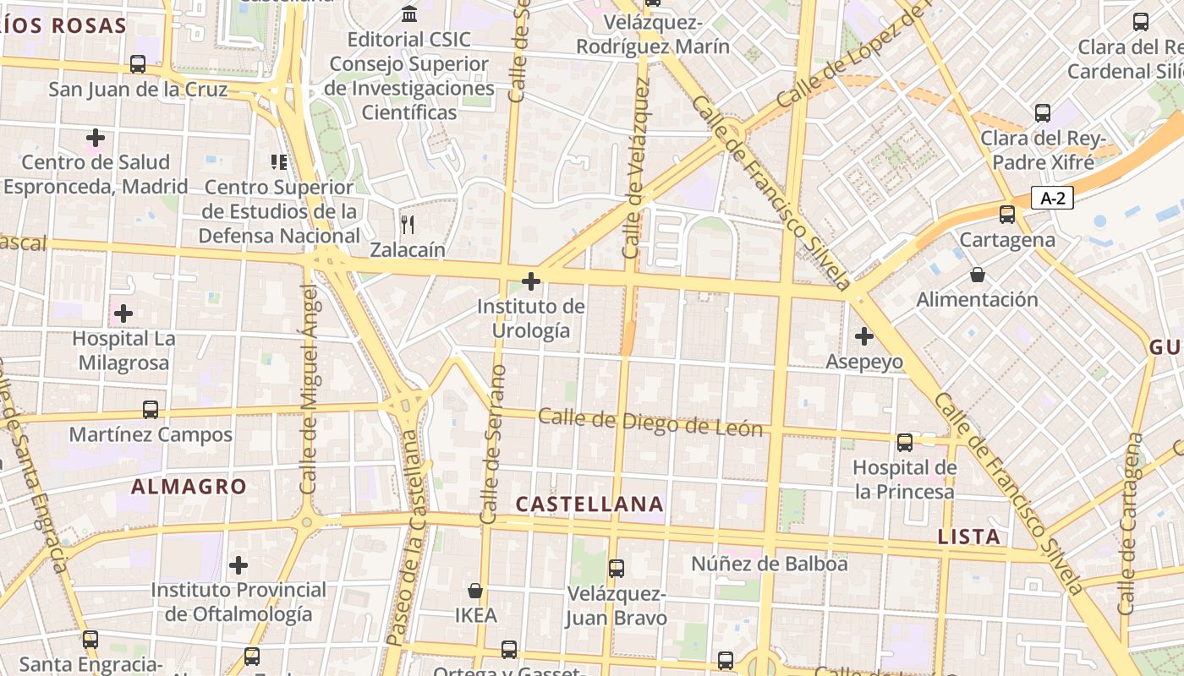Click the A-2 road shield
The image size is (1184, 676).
(x=1052, y=199)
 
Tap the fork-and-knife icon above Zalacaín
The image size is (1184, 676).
(x=408, y=224)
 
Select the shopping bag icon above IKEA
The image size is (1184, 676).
(x=476, y=590)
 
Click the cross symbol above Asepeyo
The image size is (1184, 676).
(x=863, y=336)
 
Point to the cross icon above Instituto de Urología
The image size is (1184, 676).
(x=531, y=281)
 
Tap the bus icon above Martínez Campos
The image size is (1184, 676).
(x=151, y=410)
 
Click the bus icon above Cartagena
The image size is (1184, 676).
(x=1006, y=215)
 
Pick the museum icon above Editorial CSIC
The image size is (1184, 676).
(x=409, y=14)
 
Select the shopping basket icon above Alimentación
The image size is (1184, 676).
(x=978, y=275)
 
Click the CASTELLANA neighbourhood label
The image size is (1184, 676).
(x=589, y=504)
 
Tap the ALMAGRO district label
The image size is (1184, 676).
(x=189, y=487)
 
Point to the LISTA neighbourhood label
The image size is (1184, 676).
(x=969, y=537)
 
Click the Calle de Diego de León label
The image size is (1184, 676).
(x=650, y=422)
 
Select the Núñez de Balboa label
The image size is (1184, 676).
(x=769, y=564)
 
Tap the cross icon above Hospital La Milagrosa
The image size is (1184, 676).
(x=123, y=313)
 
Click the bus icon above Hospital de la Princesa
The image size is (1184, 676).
(x=905, y=442)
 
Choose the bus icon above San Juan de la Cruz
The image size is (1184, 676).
(x=138, y=63)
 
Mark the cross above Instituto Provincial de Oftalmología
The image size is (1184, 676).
(x=238, y=564)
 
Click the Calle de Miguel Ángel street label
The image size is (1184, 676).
(x=310, y=389)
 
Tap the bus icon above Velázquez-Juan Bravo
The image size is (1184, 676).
(x=617, y=568)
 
